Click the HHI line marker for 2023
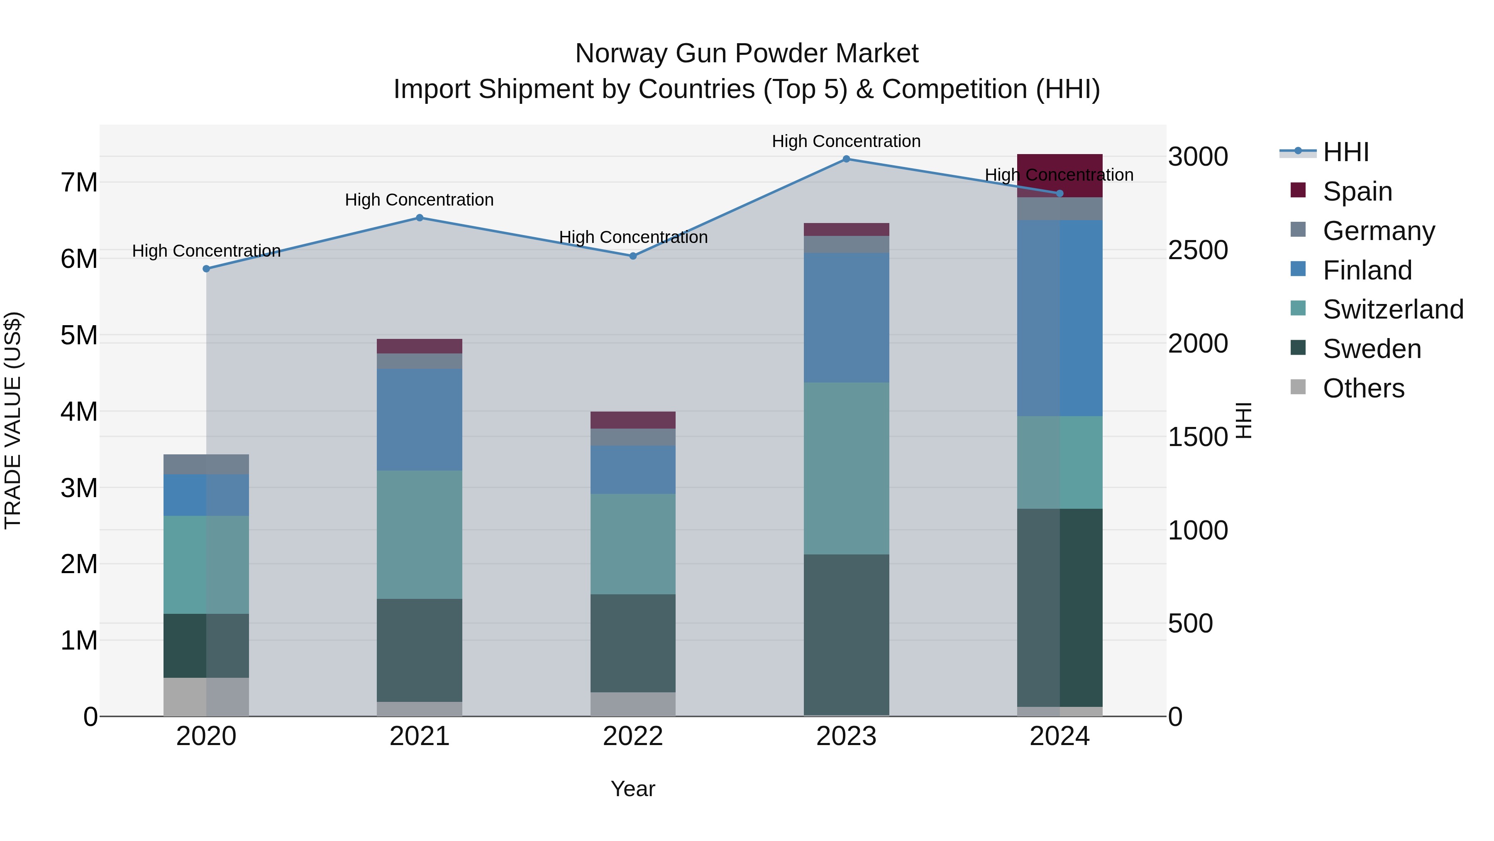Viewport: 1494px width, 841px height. pyautogui.click(x=846, y=159)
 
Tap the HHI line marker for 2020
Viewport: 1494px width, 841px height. pyautogui.click(x=207, y=269)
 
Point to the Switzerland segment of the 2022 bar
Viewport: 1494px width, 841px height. pyautogui.click(x=633, y=544)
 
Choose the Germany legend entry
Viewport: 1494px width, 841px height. pyautogui.click(x=1378, y=231)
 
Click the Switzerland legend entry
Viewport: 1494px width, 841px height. pyautogui.click(x=1392, y=309)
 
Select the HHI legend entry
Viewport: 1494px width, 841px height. pyautogui.click(x=1345, y=152)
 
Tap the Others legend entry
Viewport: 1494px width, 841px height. pyautogui.click(x=1363, y=388)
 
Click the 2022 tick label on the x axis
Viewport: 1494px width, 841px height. pyautogui.click(x=633, y=736)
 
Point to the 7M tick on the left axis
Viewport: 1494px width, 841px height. pyautogui.click(x=79, y=182)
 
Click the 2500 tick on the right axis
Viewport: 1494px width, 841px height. pyautogui.click(x=1198, y=250)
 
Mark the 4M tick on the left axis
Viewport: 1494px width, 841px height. pyautogui.click(x=79, y=412)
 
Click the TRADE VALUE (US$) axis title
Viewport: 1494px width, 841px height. pyautogui.click(x=13, y=420)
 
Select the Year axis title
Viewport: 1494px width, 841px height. pyautogui.click(x=633, y=789)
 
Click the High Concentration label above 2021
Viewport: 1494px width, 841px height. pyautogui.click(x=419, y=200)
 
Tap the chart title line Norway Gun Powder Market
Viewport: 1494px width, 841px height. pyautogui.click(x=747, y=54)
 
